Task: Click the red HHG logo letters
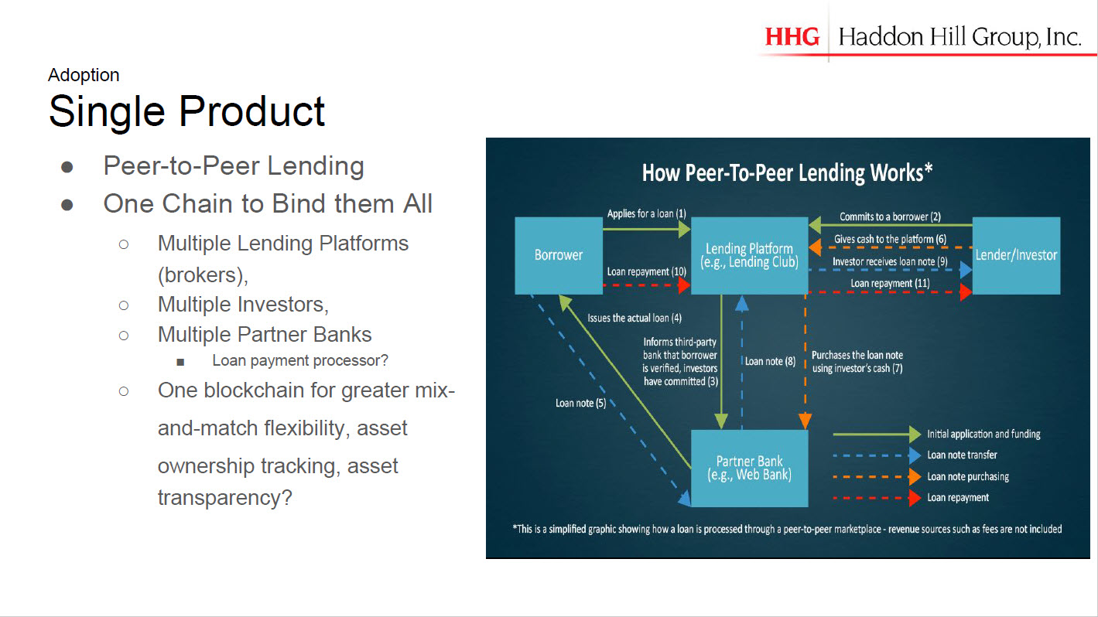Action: pyautogui.click(x=792, y=37)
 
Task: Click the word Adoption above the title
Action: pyautogui.click(x=84, y=75)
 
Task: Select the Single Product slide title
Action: pyautogui.click(x=186, y=111)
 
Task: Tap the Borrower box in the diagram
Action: pyautogui.click(x=559, y=255)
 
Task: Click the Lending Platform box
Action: pyautogui.click(x=749, y=255)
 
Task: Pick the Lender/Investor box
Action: pyautogui.click(x=1016, y=255)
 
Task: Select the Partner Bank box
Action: pyautogui.click(x=749, y=468)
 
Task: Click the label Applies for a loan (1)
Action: pyautogui.click(x=647, y=213)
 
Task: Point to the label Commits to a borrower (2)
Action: pyautogui.click(x=890, y=216)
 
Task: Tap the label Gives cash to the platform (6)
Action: pyautogui.click(x=890, y=239)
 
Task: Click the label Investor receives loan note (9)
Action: pyautogui.click(x=890, y=261)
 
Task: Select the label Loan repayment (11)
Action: pyautogui.click(x=890, y=283)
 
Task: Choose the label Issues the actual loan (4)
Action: pyautogui.click(x=635, y=318)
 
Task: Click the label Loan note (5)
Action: pyautogui.click(x=580, y=403)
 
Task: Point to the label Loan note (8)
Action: pyautogui.click(x=770, y=361)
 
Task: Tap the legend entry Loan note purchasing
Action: pyautogui.click(x=968, y=476)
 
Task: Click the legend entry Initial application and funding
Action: pyautogui.click(x=983, y=434)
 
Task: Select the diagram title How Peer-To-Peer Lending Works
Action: pyautogui.click(x=787, y=173)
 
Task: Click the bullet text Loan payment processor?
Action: pyautogui.click(x=300, y=360)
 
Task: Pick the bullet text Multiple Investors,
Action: pyautogui.click(x=243, y=305)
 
